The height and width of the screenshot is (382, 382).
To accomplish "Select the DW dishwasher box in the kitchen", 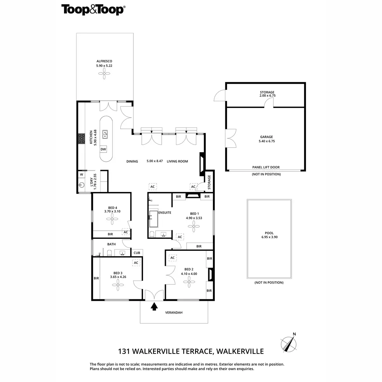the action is pos(103,149).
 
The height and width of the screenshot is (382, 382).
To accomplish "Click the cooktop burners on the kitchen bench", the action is pos(82,139).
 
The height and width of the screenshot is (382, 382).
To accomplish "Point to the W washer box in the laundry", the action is pos(81,174).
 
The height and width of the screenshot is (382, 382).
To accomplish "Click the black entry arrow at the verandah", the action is pos(154,306).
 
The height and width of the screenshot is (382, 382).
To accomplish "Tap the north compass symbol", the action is pos(289,343).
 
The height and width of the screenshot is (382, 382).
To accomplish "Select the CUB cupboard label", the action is pos(137,253).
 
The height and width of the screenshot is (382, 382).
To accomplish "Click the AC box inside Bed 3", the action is pos(136,263).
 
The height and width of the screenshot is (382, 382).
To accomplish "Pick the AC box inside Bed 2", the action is pos(173,258).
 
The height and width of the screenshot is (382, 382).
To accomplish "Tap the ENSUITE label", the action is pos(165,213).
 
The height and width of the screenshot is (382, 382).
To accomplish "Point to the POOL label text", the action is pos(269,233).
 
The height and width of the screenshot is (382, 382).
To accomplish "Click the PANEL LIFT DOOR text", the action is pos(266,167).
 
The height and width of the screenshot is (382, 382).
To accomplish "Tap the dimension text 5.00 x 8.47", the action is pos(155,161).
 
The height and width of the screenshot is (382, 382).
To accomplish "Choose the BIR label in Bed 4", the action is pos(110,234).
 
